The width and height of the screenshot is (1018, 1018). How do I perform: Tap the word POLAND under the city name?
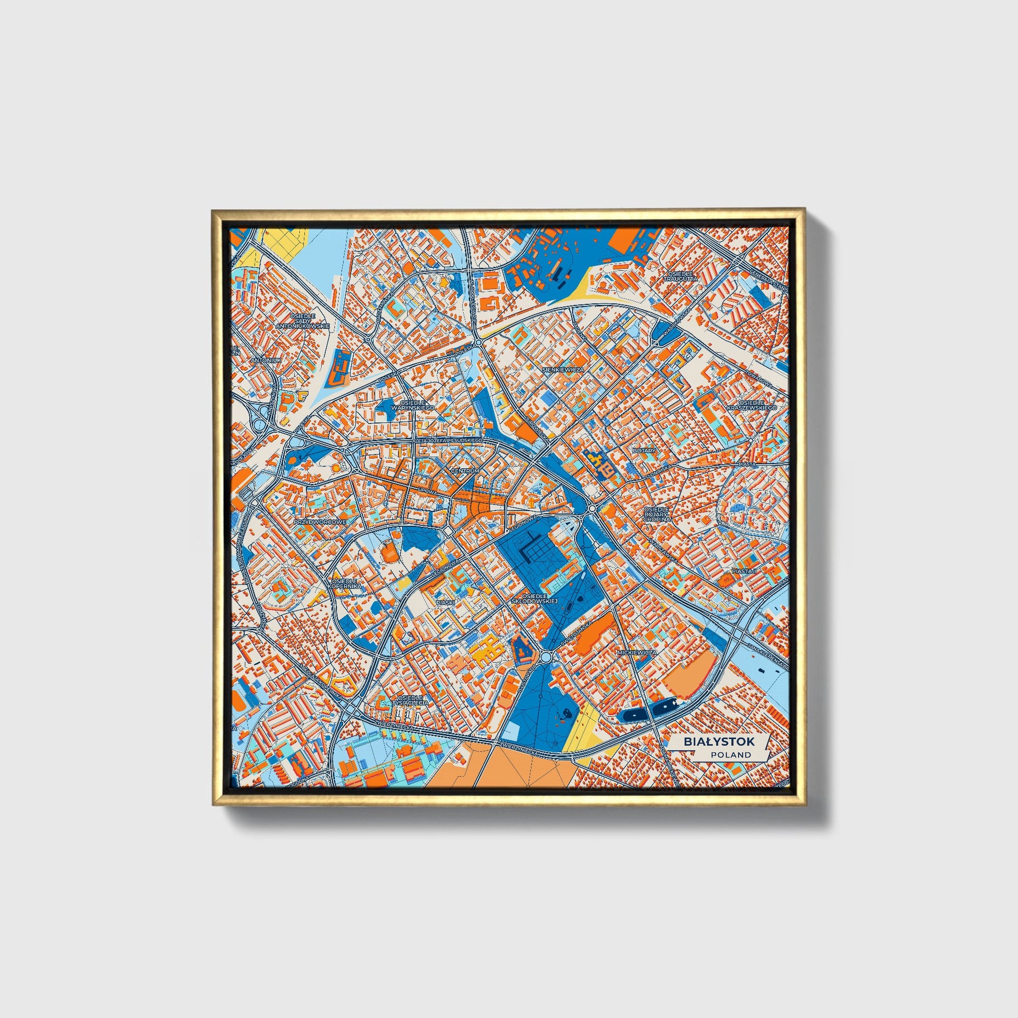point(730,754)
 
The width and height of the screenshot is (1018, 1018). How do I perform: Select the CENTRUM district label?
point(465,470)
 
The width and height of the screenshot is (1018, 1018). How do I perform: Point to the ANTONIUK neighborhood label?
point(266,360)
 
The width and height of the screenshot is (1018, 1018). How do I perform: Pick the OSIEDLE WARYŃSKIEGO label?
point(416,405)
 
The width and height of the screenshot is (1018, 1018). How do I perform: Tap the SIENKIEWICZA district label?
point(563,370)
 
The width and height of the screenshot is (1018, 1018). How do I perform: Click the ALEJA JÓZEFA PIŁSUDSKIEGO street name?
point(449,439)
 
